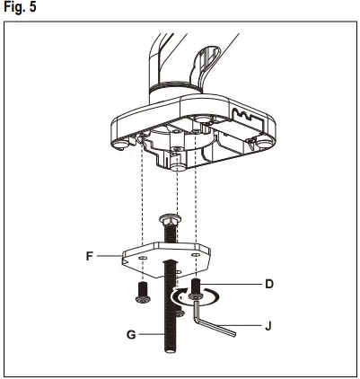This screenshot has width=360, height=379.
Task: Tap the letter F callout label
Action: click(90, 255)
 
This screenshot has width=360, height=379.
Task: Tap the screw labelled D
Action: click(195, 293)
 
